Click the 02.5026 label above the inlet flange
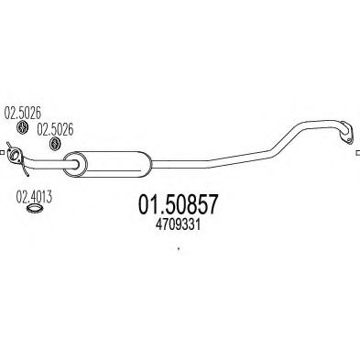(x=22, y=113)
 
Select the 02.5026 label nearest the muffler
(x=55, y=129)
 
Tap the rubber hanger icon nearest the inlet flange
(x=22, y=127)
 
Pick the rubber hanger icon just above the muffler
(x=55, y=144)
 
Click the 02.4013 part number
(x=34, y=197)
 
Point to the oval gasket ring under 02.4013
(x=34, y=209)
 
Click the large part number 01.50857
(x=179, y=204)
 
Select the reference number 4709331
(x=178, y=225)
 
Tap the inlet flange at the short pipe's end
(x=15, y=155)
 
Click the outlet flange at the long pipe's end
(x=346, y=133)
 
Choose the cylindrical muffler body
(x=107, y=164)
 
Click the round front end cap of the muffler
(x=75, y=164)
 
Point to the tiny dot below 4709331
(x=179, y=249)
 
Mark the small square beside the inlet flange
(x=1, y=152)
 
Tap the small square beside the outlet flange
(x=358, y=153)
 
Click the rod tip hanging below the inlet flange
(x=27, y=175)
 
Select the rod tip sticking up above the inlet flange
(x=7, y=144)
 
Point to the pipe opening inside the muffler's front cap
(x=77, y=165)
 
